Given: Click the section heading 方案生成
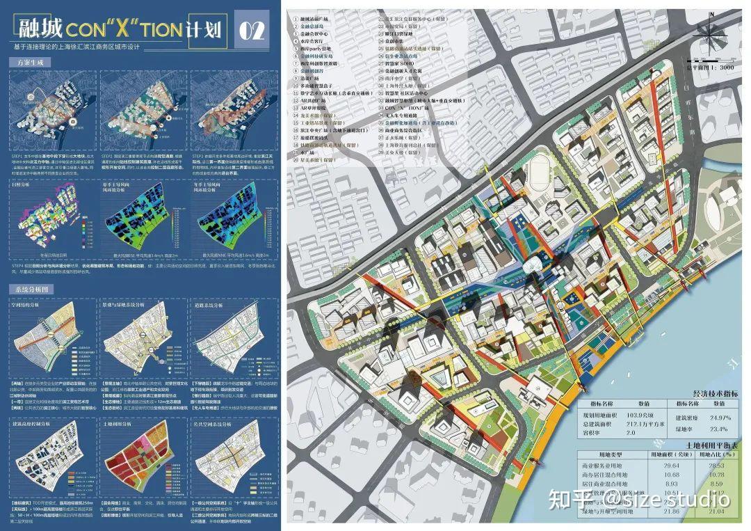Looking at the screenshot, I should pyautogui.click(x=27, y=62).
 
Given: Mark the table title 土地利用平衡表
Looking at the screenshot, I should pyautogui.click(x=713, y=443).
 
